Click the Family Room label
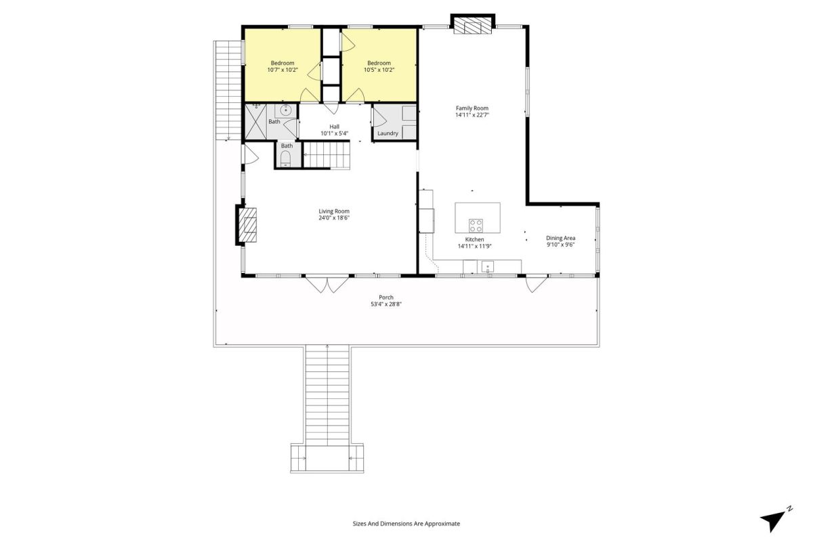tap(472, 108)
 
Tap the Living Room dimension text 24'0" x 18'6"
tap(334, 218)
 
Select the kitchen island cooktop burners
tap(476, 226)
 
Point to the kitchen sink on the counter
tap(487, 267)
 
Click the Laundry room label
tap(388, 133)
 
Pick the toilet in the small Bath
tap(286, 159)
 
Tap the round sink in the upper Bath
tap(286, 110)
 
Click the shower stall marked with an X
tap(256, 122)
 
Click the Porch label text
tap(385, 297)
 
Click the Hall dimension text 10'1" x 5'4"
tap(334, 133)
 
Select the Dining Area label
tap(560, 238)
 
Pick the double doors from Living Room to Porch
tap(327, 285)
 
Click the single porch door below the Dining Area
tap(537, 284)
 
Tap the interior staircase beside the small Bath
tap(327, 155)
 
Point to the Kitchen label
tap(474, 240)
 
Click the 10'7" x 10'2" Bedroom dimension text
tap(283, 70)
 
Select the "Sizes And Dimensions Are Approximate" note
tap(406, 524)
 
